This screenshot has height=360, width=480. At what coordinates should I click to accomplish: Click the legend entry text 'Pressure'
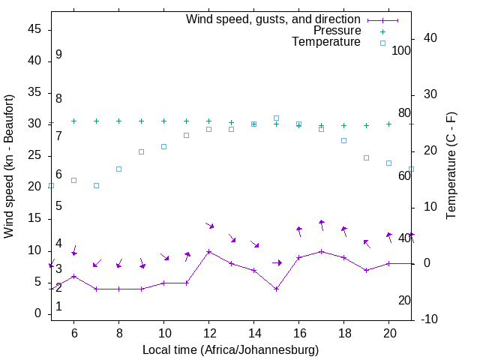[x=337, y=31]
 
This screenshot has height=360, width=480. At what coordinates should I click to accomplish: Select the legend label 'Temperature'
[x=326, y=42]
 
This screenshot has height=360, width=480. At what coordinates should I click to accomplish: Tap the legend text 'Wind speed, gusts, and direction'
[x=273, y=19]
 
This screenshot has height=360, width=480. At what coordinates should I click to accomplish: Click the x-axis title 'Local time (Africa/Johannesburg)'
[x=230, y=349]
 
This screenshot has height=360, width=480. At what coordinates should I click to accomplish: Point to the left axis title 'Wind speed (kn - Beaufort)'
[x=9, y=166]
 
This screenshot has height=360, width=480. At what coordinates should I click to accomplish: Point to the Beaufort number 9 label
[x=58, y=55]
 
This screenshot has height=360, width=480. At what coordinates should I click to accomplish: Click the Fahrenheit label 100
[x=401, y=51]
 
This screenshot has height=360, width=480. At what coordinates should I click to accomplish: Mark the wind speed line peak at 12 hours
[x=209, y=251]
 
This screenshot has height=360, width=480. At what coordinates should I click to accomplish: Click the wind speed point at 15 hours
[x=277, y=289]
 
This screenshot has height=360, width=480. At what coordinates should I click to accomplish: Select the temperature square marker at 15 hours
[x=277, y=118]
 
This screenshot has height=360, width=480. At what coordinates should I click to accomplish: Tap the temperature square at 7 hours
[x=96, y=185]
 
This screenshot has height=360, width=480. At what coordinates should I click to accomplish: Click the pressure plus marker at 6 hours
[x=73, y=121]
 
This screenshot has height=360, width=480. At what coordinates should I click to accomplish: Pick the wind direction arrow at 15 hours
[x=277, y=262]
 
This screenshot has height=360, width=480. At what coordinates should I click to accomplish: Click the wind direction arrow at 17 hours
[x=322, y=224]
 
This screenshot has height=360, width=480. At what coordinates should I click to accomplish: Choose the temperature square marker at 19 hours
[x=367, y=157]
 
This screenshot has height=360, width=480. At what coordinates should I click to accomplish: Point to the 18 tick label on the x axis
[x=344, y=332]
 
